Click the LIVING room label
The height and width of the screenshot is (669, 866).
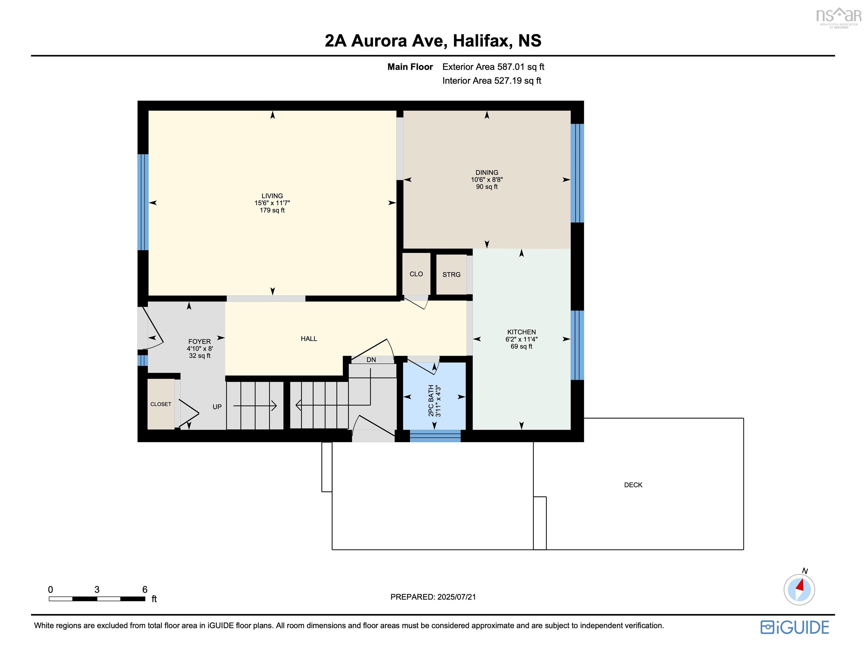point(272,195)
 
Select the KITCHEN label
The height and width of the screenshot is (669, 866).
point(521,332)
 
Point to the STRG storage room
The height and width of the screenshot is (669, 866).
point(451,274)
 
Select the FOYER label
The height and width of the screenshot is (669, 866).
point(200,341)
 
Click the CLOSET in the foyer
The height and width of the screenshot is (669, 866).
point(161,404)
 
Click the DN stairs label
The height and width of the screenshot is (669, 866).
point(371,360)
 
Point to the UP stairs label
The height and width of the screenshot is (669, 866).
point(217,407)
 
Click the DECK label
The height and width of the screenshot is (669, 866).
point(633,485)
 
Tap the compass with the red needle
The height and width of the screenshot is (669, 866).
point(799,589)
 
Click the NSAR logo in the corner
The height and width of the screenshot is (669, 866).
point(838,17)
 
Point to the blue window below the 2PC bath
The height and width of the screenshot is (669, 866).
point(435,436)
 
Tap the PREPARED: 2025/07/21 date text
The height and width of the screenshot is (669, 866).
point(433,597)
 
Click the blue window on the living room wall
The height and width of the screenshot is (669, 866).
point(143,202)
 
